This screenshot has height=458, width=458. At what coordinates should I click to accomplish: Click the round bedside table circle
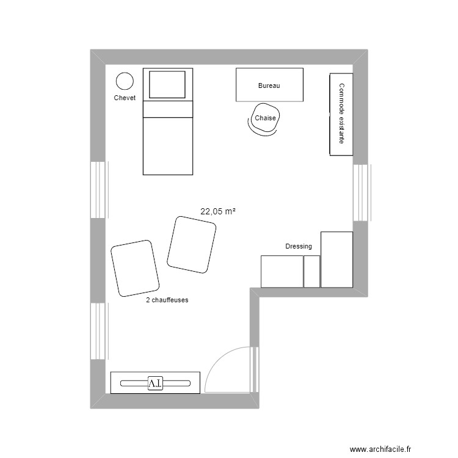coord(125,81)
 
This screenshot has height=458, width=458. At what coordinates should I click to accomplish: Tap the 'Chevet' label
coord(125,98)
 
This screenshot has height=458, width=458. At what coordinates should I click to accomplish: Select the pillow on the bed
coord(167,84)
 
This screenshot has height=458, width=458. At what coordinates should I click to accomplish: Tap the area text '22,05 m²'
coord(218,211)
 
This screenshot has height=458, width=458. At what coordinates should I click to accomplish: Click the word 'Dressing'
coord(299,246)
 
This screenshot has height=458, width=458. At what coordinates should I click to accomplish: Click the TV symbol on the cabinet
coord(155,383)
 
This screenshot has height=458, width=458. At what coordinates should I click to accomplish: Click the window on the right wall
coord(361,192)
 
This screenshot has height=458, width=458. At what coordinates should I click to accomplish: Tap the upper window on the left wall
coord(98,189)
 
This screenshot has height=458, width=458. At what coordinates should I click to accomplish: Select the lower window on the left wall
coord(98,332)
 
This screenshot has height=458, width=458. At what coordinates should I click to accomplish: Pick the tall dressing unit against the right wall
coord(336,260)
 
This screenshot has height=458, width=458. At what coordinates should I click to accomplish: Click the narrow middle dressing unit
coord(311,271)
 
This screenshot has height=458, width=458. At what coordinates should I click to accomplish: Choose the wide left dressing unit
coord(282,271)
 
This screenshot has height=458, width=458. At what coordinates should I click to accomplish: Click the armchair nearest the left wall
coord(135,268)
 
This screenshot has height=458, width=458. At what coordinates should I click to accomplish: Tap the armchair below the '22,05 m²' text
coord(192,244)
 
